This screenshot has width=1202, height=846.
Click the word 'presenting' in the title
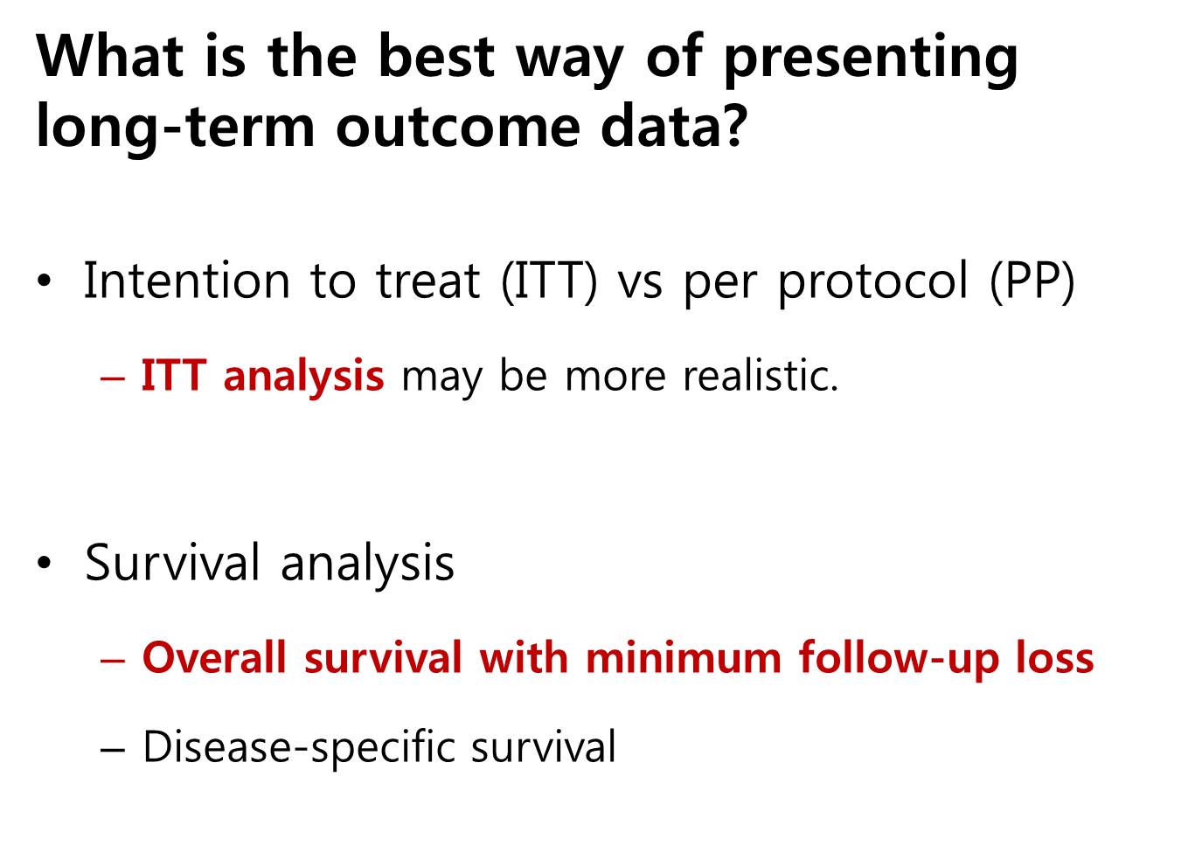click(x=871, y=59)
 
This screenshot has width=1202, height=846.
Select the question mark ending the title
click(x=732, y=124)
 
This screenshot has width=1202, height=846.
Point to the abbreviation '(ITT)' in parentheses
click(x=549, y=281)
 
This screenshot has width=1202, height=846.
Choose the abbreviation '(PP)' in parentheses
click(x=1032, y=281)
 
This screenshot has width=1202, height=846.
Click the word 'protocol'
click(x=873, y=282)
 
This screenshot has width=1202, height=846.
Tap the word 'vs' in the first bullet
click(x=640, y=287)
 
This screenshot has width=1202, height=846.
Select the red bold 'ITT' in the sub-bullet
click(x=173, y=375)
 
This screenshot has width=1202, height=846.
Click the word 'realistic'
click(x=754, y=375)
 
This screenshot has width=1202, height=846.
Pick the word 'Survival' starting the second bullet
click(x=172, y=563)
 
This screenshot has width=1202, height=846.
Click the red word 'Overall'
click(x=214, y=658)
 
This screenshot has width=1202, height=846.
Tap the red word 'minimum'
click(x=684, y=658)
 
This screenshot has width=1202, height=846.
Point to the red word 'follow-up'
click(x=899, y=661)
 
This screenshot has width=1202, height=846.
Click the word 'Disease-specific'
click(x=298, y=748)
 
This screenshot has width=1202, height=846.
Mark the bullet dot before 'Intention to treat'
click(x=45, y=281)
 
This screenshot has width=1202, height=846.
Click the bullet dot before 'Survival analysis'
click(x=45, y=563)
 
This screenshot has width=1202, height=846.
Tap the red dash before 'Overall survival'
click(x=113, y=662)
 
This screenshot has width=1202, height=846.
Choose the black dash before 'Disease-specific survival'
click(x=113, y=751)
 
